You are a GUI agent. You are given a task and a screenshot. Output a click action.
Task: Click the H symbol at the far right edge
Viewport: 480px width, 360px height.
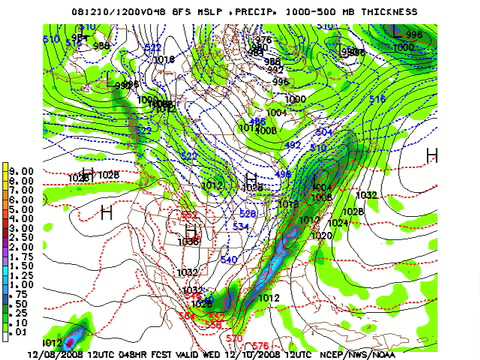click(432, 154)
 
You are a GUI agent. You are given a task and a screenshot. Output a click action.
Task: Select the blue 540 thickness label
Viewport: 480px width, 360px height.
click(229, 260)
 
